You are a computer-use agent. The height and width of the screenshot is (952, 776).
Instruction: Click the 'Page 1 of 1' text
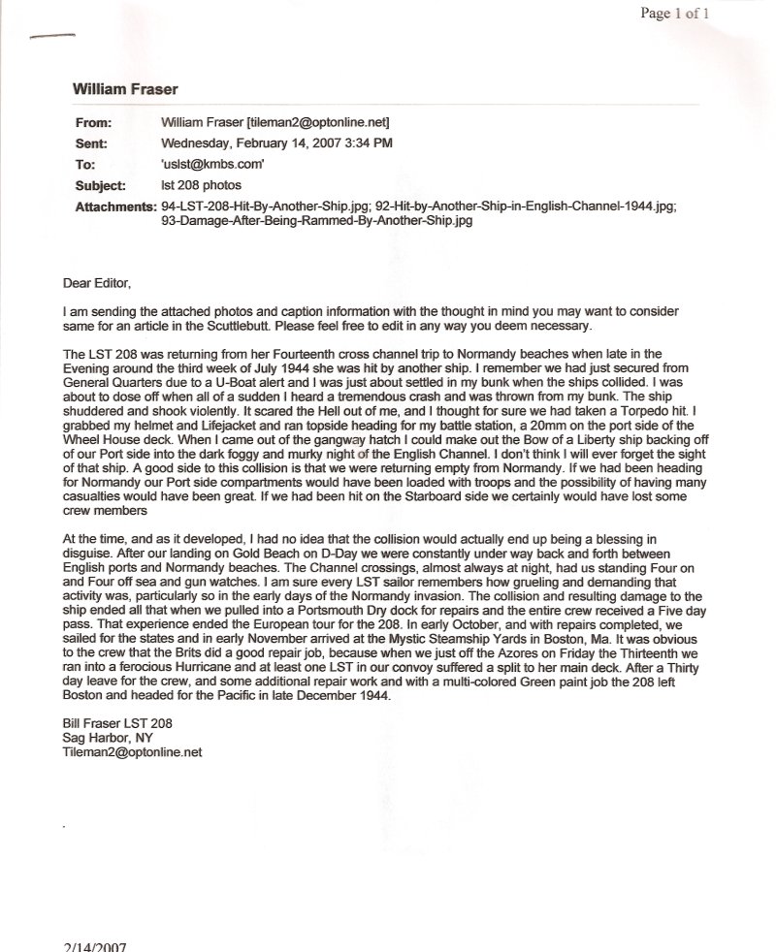click(x=675, y=14)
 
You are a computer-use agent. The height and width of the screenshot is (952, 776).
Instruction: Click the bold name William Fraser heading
click(x=125, y=88)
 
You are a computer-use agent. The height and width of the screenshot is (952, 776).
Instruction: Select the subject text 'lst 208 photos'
click(x=202, y=183)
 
